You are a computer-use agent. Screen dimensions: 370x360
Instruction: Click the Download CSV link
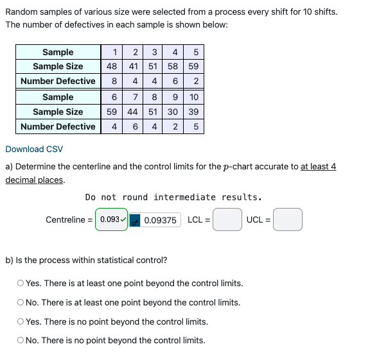point(34,149)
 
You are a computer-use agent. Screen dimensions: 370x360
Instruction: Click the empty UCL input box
point(288,220)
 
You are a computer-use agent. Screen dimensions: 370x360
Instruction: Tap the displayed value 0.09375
point(161,220)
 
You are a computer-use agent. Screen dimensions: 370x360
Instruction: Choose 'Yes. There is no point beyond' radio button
point(21,321)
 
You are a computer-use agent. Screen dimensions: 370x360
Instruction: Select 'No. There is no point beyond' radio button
point(21,340)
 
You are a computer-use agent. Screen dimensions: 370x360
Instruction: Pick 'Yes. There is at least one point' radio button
point(21,283)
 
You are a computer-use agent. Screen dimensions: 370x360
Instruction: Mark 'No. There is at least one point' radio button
point(21,302)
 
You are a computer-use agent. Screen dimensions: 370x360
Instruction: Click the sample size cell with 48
point(112,66)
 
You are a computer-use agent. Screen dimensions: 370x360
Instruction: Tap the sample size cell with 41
point(133,66)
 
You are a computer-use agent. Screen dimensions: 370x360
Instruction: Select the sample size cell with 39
point(193,112)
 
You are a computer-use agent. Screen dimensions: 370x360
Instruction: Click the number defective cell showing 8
point(114,81)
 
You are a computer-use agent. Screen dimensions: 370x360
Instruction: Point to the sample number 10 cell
point(193,97)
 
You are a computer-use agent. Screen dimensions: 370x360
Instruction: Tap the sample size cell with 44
point(133,112)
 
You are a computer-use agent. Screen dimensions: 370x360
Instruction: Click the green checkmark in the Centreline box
point(123,220)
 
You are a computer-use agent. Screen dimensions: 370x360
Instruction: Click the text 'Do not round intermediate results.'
point(173,197)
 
